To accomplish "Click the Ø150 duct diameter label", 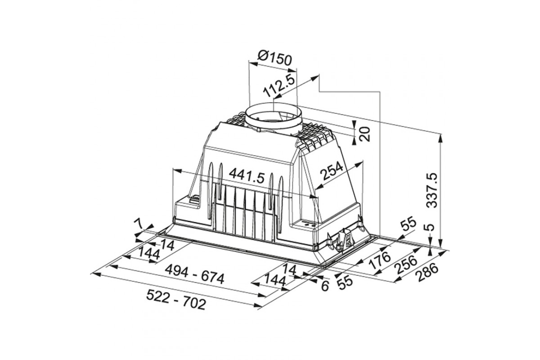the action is click(x=274, y=58).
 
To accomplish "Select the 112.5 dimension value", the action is click(x=279, y=87).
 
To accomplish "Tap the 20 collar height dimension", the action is click(x=365, y=134).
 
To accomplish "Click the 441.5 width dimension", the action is click(x=247, y=176).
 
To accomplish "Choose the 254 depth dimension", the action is click(x=333, y=171).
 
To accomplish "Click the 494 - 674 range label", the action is click(x=194, y=274).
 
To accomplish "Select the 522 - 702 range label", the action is click(x=176, y=300).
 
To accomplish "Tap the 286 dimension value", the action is click(x=427, y=272).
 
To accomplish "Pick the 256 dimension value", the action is click(x=406, y=264).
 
